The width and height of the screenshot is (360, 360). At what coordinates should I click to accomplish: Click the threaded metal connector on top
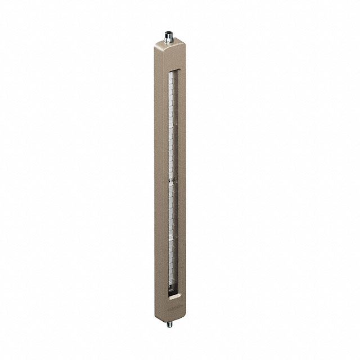[169, 37]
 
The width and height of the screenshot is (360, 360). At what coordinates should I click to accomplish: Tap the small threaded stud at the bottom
[169, 324]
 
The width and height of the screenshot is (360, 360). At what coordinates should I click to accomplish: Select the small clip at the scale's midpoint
[172, 181]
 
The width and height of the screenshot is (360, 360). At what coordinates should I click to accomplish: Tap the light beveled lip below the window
[174, 295]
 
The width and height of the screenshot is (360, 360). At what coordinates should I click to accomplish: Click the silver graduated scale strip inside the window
[172, 141]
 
